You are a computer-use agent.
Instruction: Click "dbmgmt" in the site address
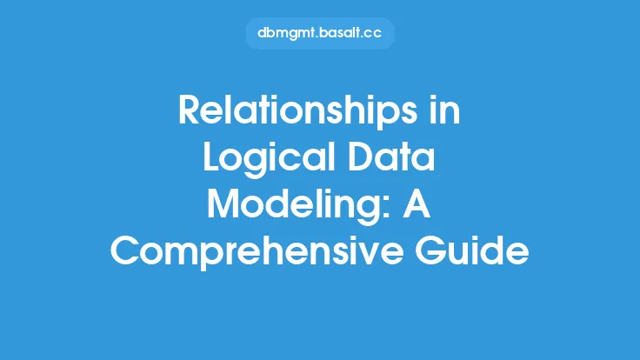287,33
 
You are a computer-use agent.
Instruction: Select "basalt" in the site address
340,33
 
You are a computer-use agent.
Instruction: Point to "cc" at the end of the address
373,34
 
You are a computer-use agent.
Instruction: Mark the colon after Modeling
392,209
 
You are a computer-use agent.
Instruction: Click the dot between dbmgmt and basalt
317,37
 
